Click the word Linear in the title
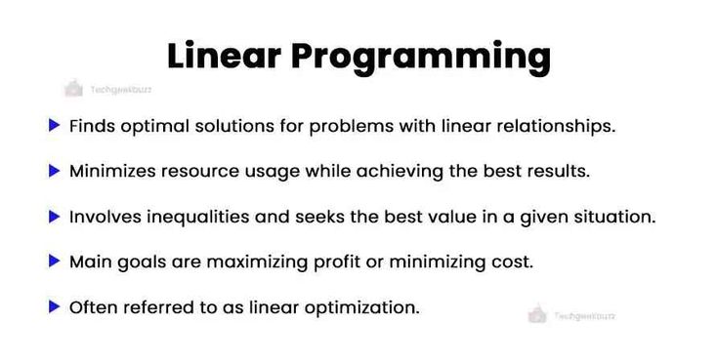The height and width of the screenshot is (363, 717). [226, 56]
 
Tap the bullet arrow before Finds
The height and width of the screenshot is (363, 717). [55, 125]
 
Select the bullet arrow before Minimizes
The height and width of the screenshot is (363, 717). [55, 171]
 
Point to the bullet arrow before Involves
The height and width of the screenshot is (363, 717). [55, 216]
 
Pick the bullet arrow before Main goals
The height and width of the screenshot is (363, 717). [55, 262]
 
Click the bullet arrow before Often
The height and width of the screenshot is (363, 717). [55, 306]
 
